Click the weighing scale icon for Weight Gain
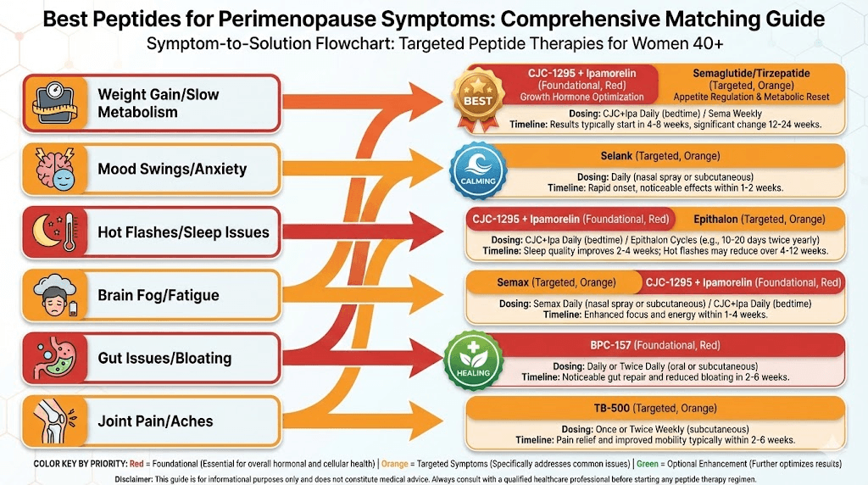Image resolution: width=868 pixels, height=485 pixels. pos(53,103)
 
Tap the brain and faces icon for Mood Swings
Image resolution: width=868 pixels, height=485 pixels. pos(53,168)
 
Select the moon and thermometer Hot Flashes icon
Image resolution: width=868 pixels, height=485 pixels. pos(53,231)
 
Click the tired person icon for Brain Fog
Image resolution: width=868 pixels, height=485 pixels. pos(53,295)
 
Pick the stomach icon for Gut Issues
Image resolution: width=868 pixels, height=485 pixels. pos(53,357)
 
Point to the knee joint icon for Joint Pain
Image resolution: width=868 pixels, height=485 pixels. pos(53,421)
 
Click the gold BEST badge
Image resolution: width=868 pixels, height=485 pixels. pos(477,98)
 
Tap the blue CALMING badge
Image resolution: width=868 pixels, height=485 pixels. pos(477,170)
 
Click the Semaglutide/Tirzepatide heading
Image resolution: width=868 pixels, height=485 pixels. pos(751,73)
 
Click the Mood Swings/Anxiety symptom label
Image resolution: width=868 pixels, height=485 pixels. pos(172,169)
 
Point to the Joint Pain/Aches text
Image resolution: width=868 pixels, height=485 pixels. pos(155,421)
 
